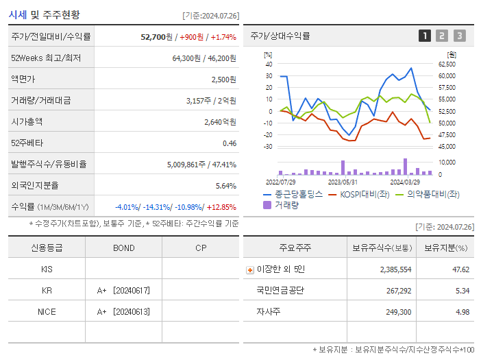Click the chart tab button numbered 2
[442, 36]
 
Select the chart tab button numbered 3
[459, 36]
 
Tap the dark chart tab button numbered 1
[425, 36]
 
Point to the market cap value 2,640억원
[220, 122]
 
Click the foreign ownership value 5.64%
[225, 186]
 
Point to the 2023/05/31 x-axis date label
[343, 182]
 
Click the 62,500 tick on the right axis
[447, 64]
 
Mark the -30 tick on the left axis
[268, 147]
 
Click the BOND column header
[123, 248]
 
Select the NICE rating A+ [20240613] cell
[123, 312]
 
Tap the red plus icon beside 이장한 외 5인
[249, 270]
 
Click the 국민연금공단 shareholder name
[280, 291]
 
